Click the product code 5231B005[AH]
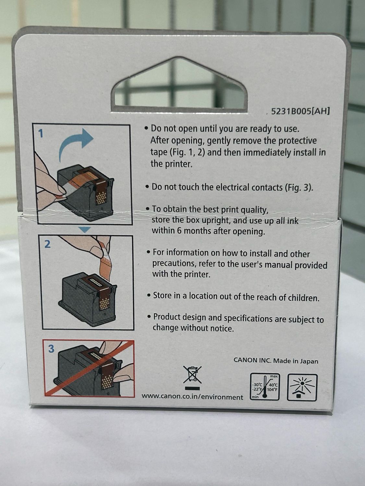tap(300, 111)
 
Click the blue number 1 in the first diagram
tap(41, 133)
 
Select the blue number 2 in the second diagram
tap(47, 244)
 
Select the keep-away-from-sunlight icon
tap(302, 387)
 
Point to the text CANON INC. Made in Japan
tap(276, 361)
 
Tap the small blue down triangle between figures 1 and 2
tap(85, 230)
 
